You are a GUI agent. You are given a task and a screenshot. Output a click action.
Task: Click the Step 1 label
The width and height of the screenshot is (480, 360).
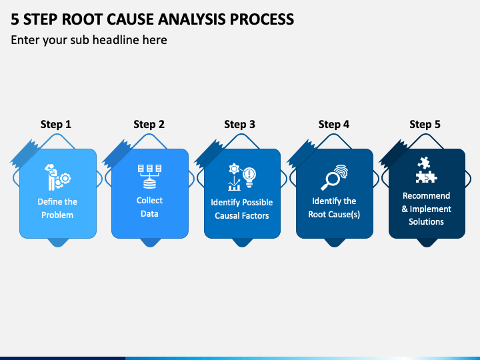coord(56,124)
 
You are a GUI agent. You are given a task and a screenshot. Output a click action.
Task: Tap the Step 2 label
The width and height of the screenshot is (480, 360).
coord(149,124)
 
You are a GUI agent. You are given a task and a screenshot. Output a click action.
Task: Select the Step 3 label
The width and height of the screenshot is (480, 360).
coord(240,124)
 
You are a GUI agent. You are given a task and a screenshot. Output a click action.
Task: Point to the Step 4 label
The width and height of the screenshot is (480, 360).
coord(334,124)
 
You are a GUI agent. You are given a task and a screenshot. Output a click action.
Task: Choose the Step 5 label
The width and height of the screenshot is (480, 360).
coord(425,124)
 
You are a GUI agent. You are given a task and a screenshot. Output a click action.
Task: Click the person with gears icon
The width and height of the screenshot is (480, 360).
coord(57,177)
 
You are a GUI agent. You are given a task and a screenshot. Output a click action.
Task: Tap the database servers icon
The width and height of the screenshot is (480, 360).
coord(150,176)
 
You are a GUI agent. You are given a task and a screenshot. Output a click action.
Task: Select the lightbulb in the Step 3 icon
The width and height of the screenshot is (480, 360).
coord(249,177)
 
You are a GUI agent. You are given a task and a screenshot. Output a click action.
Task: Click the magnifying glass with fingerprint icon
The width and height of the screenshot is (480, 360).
coord(334,177)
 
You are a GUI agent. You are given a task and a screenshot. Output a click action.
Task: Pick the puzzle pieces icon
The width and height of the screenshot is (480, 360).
coord(426,170)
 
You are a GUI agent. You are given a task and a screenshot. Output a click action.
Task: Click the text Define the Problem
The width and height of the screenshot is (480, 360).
coord(57,208)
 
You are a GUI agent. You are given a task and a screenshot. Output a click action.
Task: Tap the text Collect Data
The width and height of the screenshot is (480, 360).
coord(149,207)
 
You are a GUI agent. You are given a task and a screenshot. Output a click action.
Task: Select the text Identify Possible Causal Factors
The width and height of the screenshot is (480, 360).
coord(242,209)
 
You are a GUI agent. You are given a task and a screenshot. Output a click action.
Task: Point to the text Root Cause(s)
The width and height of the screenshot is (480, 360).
coord(334,214)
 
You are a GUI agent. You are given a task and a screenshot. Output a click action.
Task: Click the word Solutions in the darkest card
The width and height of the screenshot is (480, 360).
coord(426,221)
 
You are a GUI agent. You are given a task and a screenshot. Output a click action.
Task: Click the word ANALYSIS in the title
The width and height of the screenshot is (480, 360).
coord(191,19)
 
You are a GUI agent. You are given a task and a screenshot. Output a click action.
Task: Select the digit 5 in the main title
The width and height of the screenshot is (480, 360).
coord(15,19)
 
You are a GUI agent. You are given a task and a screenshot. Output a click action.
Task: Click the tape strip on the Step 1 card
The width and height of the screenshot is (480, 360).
coord(25,154)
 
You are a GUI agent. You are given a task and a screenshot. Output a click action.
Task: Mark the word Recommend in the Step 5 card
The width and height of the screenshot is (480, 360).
coord(426,195)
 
